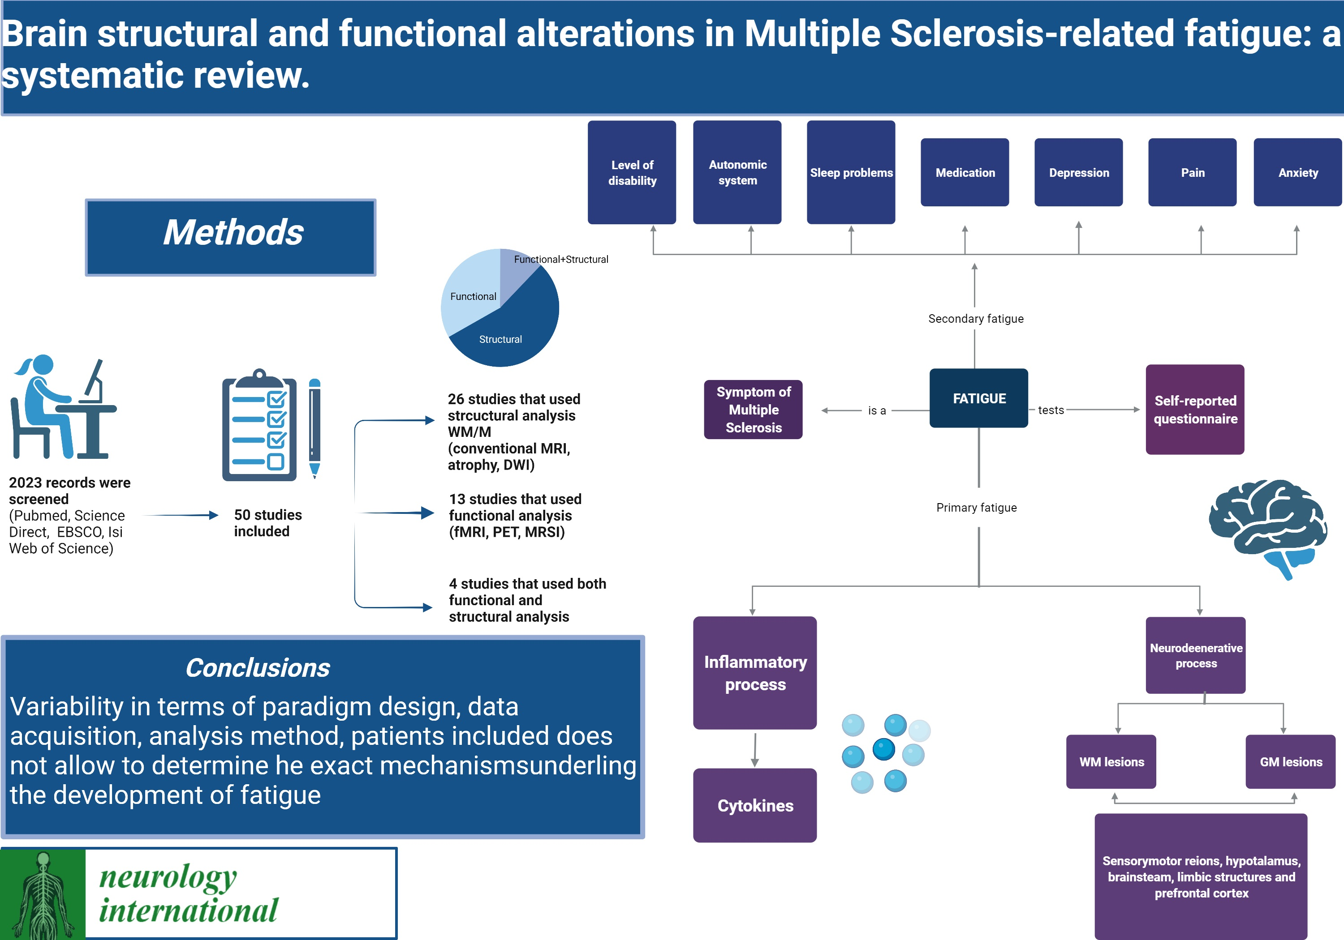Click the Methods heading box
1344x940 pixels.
point(231,237)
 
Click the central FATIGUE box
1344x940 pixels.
point(979,398)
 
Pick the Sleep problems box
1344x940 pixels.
point(851,173)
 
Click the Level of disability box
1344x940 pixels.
point(632,173)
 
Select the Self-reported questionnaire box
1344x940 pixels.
point(1195,410)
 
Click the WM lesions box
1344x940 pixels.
point(1111,761)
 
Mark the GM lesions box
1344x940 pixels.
point(1290,761)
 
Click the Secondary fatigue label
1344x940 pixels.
point(976,319)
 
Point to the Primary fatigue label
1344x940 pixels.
point(976,508)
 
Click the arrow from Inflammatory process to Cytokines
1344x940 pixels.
point(755,749)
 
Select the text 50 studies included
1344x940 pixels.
point(267,523)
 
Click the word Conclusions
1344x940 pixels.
point(258,668)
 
